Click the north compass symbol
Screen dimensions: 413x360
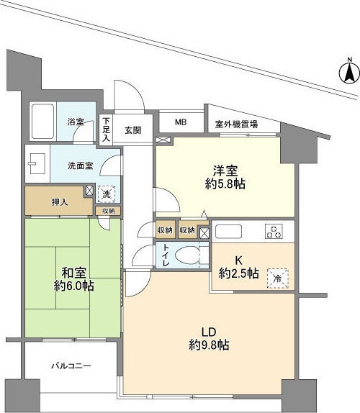tap(346, 73)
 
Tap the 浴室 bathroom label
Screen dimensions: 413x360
tap(75, 122)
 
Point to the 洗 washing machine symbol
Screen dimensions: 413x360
tap(106, 194)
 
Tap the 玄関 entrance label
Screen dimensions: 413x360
tap(132, 130)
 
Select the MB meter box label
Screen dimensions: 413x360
tap(181, 122)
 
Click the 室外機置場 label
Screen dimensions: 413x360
tap(237, 124)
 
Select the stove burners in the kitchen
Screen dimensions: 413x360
tap(274, 232)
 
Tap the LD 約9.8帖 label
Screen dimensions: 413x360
tap(209, 339)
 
